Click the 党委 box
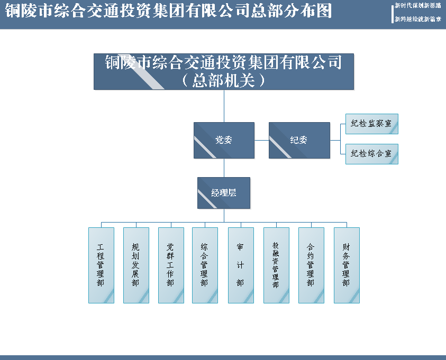[224, 140]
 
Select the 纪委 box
[299, 140]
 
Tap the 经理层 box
[224, 193]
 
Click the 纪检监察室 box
[371, 124]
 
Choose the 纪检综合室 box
[371, 154]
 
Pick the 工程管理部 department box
[101, 265]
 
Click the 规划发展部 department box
[136, 265]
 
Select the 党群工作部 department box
[171, 265]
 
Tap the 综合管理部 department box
[205, 265]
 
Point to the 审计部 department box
[241, 265]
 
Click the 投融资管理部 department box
[276, 265]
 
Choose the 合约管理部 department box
[311, 265]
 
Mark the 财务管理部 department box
[347, 265]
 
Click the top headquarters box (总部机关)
[224, 71]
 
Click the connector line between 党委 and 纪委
[261, 140]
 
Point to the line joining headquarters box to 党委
[224, 106]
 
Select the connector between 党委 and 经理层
[224, 168]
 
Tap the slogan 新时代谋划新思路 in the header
[418, 5]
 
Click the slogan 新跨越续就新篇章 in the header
[418, 19]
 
